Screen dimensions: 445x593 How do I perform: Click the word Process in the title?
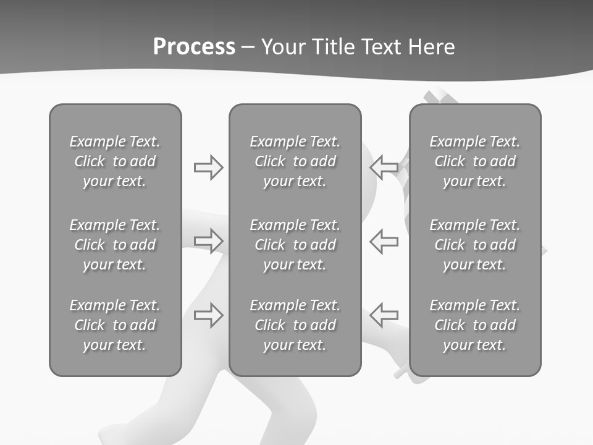194,47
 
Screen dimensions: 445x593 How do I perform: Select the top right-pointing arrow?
208,167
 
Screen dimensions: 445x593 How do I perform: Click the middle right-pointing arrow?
208,241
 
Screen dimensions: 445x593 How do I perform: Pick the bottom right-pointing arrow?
208,315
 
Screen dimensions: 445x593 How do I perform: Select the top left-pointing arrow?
384,167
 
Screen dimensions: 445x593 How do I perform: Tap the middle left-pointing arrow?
384,241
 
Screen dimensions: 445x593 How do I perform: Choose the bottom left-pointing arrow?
384,315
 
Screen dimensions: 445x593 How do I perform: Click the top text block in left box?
115,161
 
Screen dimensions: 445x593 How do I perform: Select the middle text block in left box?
115,245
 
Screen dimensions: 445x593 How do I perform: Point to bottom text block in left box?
115,325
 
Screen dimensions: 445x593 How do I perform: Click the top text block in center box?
295,161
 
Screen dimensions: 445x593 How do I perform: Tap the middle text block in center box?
295,245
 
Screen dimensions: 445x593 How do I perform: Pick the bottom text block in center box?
295,325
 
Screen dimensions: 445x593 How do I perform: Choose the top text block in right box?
474,161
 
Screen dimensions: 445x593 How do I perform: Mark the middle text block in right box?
474,245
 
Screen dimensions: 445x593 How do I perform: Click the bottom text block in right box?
474,325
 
